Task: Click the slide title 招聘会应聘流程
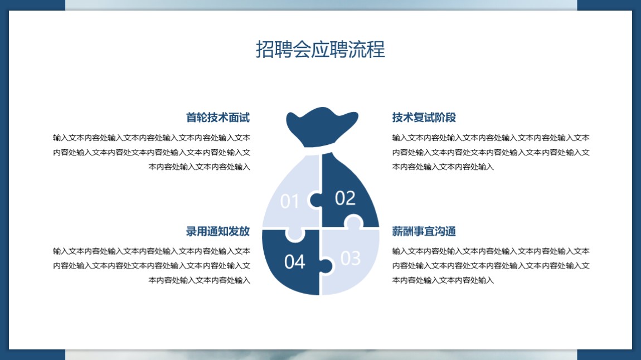pyautogui.click(x=320, y=50)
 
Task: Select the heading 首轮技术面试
pyautogui.click(x=218, y=118)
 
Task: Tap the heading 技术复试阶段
pyautogui.click(x=424, y=118)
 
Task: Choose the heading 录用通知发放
pyautogui.click(x=218, y=231)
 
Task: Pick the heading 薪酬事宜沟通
pyautogui.click(x=424, y=231)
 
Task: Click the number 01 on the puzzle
pyautogui.click(x=289, y=201)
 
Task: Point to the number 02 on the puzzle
pyautogui.click(x=345, y=198)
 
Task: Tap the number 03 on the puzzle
pyautogui.click(x=351, y=258)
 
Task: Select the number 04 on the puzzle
pyautogui.click(x=294, y=262)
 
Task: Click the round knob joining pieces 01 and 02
pyautogui.click(x=315, y=200)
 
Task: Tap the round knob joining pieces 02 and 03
pyautogui.click(x=353, y=222)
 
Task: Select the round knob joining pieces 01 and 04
pyautogui.click(x=295, y=234)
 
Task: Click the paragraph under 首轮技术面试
pyautogui.click(x=152, y=152)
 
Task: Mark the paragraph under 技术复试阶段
pyautogui.click(x=491, y=152)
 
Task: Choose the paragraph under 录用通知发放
pyautogui.click(x=152, y=266)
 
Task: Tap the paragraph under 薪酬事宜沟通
pyautogui.click(x=491, y=266)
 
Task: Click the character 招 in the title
pyautogui.click(x=265, y=50)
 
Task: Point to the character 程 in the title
pyautogui.click(x=376, y=50)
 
